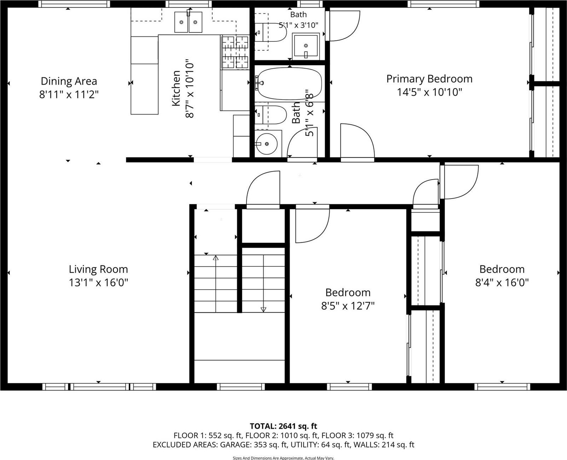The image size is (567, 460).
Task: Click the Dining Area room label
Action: [69, 81]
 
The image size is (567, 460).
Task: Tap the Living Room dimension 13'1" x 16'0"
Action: [98, 283]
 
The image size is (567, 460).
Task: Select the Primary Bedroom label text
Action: [429, 79]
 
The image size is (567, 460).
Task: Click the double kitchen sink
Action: [188, 22]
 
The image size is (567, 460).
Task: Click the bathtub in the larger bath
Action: [289, 84]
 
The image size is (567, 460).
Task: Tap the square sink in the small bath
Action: [306, 46]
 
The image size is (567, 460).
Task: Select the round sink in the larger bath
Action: [267, 144]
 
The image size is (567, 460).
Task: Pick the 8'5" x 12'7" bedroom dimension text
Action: [347, 306]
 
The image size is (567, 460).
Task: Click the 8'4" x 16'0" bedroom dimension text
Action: [502, 283]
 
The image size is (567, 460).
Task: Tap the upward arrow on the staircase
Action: [216, 258]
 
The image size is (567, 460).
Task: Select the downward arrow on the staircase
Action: [263, 309]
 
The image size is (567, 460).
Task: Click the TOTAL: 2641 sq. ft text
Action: [283, 426]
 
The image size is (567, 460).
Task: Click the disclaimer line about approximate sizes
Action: [283, 458]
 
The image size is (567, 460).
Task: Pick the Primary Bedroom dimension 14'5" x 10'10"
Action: [429, 92]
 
